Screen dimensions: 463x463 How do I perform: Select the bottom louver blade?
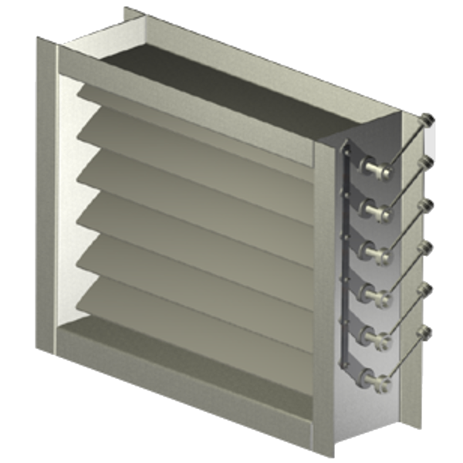[193, 305]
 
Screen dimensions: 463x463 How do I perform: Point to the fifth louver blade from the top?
[193, 262]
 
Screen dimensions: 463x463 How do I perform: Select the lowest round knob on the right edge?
[424, 332]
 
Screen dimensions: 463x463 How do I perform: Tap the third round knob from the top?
[424, 204]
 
